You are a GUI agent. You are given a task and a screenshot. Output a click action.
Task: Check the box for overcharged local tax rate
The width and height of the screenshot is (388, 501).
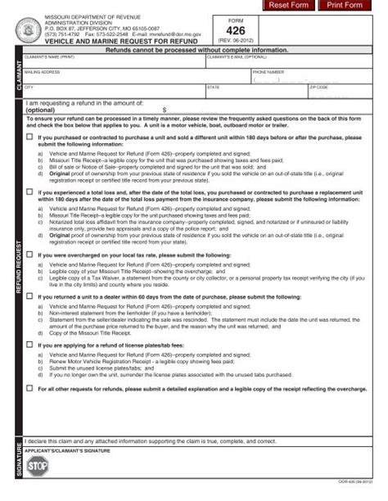click(x=30, y=255)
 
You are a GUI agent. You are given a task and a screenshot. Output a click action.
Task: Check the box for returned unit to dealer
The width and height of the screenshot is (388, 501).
click(x=30, y=296)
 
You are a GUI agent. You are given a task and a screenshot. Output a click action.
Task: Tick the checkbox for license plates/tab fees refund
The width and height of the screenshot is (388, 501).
click(x=30, y=345)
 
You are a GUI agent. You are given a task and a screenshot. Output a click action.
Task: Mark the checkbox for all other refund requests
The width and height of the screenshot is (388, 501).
click(x=30, y=388)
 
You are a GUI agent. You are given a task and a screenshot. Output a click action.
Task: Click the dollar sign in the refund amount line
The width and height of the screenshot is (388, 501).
click(x=165, y=109)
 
